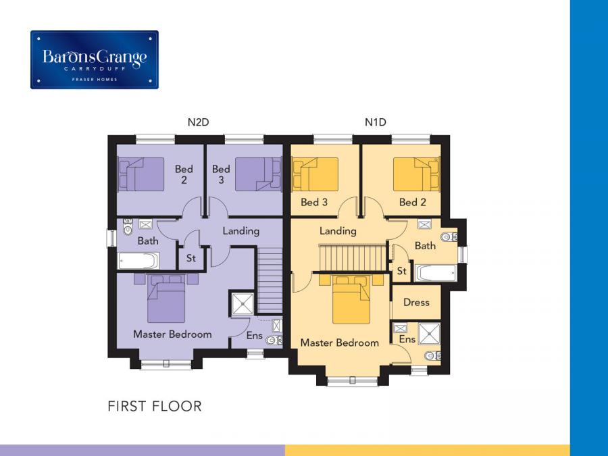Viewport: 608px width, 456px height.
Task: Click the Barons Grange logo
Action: tap(94, 59)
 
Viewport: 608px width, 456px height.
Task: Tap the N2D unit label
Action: tap(198, 122)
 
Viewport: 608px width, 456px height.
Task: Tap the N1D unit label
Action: tap(376, 122)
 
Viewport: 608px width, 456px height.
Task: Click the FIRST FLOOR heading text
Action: tap(154, 407)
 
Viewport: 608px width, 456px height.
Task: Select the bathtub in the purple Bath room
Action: tap(138, 261)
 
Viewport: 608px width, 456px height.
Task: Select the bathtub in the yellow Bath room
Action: tap(436, 273)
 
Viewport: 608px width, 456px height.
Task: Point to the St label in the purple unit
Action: tap(191, 258)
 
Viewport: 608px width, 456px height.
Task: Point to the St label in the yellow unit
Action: tap(401, 271)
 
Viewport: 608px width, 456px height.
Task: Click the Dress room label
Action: tap(416, 303)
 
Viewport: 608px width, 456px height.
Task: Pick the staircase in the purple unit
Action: tap(270, 280)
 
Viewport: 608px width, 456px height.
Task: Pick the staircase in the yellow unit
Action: tap(353, 257)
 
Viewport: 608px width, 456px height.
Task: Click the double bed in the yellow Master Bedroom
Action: tap(351, 299)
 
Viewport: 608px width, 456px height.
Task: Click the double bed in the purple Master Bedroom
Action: tap(166, 299)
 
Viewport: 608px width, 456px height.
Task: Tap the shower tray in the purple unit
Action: tap(243, 303)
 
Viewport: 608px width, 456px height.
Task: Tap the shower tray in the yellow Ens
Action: tap(430, 334)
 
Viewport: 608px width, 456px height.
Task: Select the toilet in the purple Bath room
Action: tap(128, 227)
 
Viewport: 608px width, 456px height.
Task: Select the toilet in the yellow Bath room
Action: tap(449, 236)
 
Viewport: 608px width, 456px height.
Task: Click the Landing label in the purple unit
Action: tap(240, 232)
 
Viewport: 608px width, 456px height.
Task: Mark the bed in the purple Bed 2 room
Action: tap(141, 174)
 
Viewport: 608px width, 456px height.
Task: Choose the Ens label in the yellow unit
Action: tap(407, 339)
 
